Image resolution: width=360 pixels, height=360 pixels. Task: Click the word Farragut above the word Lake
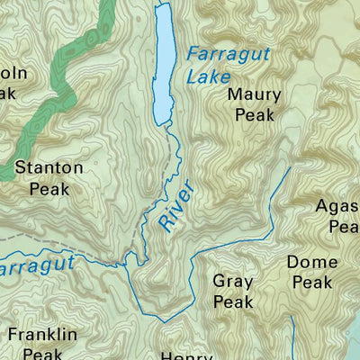coord(224,55)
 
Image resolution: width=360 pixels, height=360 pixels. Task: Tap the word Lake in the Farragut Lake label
coord(207,77)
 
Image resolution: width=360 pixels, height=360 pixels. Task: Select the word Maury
coord(254,94)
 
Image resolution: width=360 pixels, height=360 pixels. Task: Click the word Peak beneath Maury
coord(254,114)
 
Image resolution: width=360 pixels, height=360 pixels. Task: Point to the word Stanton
coord(49,168)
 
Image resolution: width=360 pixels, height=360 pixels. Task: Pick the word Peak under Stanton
coord(49,188)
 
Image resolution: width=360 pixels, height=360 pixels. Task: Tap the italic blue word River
coord(178,211)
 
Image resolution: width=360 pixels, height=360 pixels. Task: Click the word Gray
coord(233,282)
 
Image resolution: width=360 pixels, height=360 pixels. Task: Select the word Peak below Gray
coord(233,302)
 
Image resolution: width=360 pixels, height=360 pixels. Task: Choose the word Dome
coord(311,263)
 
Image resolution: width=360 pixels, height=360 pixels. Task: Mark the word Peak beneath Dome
coord(311,283)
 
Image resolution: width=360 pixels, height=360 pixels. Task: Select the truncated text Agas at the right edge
coord(337,207)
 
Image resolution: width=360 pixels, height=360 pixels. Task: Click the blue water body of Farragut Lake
coord(163,63)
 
